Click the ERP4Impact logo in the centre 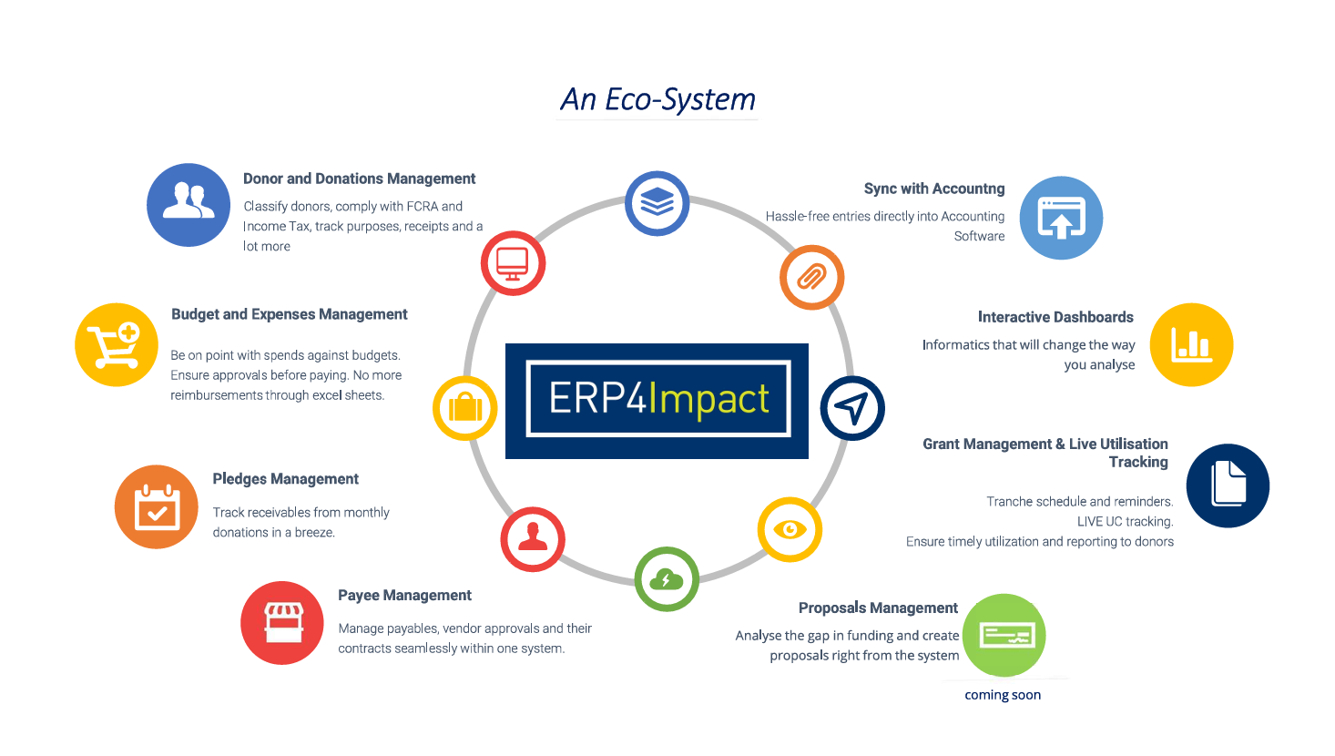657,401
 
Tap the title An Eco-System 657,99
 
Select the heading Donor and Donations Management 359,179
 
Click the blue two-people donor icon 189,205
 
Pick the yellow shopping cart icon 117,344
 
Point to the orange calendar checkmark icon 156,506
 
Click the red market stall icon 282,623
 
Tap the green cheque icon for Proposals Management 1004,636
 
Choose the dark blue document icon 1228,485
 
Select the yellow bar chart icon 1191,344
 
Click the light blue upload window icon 1062,218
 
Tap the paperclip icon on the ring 811,277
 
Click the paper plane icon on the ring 852,408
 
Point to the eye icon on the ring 790,529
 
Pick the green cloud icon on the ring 667,579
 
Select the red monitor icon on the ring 513,263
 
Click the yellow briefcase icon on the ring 464,408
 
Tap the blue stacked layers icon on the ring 657,203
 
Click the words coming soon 1003,695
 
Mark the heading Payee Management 404,596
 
